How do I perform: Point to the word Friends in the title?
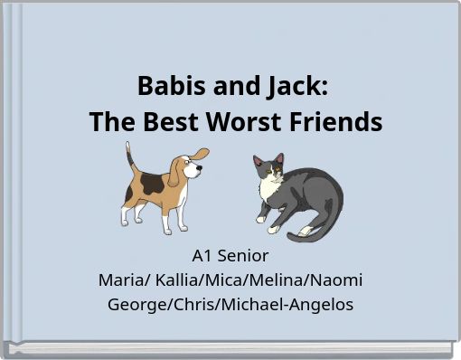click(x=338, y=121)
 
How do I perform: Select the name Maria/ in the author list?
click(x=123, y=280)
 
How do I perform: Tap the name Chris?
click(x=193, y=305)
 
